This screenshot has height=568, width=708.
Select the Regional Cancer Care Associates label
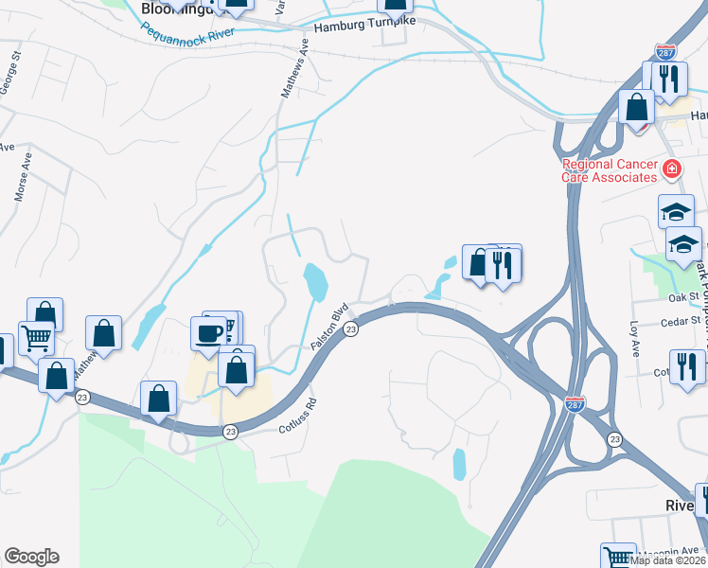point(609,170)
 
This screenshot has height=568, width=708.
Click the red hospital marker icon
point(672,170)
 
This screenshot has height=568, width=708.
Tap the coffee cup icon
point(209,331)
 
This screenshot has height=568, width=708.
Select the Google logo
point(31,557)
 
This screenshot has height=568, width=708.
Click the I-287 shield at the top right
point(665,53)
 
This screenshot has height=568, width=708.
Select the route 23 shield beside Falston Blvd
point(350,328)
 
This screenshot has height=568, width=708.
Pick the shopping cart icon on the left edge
point(36,336)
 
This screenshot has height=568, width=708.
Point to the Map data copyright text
point(667,560)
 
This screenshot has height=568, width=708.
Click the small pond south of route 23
point(460,464)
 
